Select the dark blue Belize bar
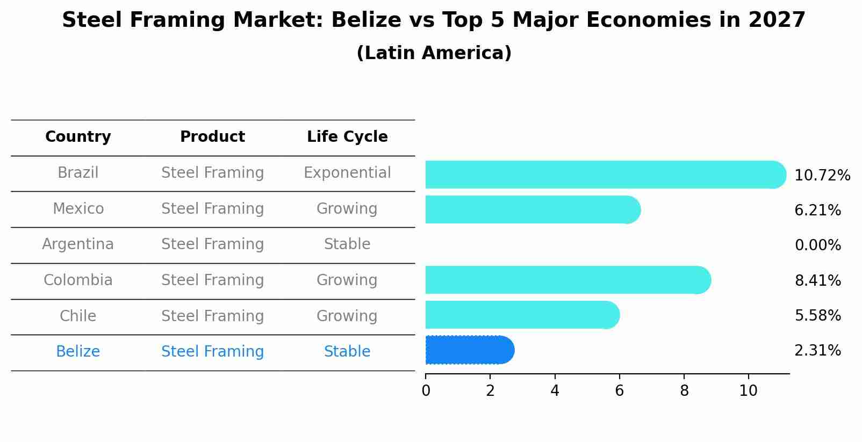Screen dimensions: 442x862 pos(469,350)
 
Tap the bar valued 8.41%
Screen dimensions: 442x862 pos(567,280)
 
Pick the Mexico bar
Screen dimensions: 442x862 pos(532,209)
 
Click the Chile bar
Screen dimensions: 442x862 pos(521,315)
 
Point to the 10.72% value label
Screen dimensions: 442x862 pos(822,176)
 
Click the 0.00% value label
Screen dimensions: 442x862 pos(817,245)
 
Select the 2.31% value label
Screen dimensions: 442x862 pos(817,351)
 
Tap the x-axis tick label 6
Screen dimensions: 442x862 pos(619,391)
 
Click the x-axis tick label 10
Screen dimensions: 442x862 pos(748,391)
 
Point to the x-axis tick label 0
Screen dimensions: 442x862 pos(426,391)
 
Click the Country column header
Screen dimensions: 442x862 pos(78,137)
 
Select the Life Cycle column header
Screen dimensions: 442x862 pos(347,137)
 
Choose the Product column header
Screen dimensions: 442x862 pos(212,137)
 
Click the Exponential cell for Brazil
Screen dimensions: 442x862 pos(347,173)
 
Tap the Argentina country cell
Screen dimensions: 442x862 pos(78,244)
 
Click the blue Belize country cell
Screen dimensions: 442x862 pos(78,352)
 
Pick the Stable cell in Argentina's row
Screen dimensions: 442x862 pos(347,244)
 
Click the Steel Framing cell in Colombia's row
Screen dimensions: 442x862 pos(212,280)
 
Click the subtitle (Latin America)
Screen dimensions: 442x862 pos(434,53)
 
